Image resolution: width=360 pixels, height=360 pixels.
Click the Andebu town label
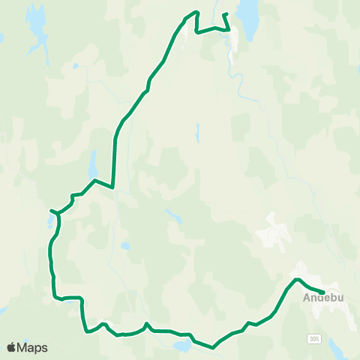[323, 298]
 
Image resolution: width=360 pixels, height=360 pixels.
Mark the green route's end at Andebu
[323, 292]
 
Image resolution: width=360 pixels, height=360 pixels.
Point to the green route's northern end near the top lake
[224, 14]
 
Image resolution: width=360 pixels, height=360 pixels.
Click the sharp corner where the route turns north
[112, 187]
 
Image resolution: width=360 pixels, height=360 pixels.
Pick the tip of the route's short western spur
[50, 211]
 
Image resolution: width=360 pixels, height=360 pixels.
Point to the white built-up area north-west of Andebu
[273, 232]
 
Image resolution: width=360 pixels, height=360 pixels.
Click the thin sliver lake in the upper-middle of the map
[196, 133]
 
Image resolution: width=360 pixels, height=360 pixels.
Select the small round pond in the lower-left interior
[124, 245]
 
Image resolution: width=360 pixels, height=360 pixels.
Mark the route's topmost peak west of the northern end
[196, 11]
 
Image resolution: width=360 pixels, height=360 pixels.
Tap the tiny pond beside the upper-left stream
[75, 66]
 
